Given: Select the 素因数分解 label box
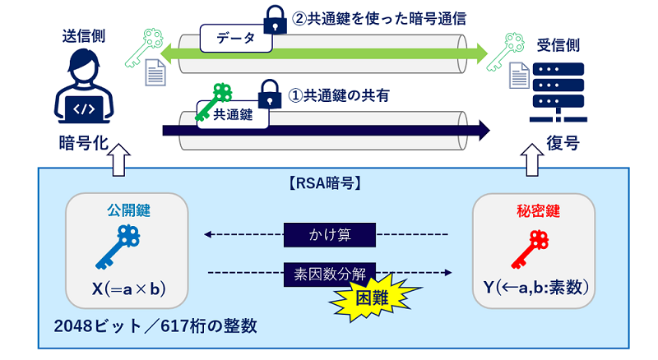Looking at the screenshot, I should click(x=330, y=272).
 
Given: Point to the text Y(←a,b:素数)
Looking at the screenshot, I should click(x=533, y=288).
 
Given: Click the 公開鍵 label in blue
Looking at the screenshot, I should click(x=127, y=211).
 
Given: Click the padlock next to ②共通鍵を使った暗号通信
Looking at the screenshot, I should click(x=272, y=17).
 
